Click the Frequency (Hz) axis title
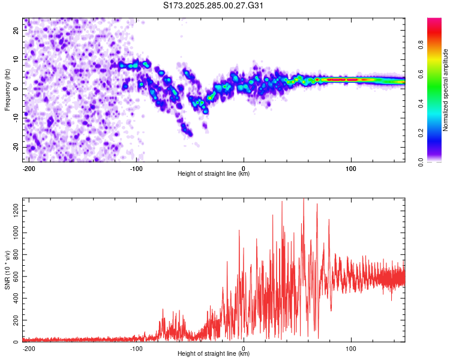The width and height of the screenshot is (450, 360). point(7,90)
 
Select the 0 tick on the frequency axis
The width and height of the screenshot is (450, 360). point(17,89)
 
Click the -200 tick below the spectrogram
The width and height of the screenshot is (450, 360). point(28,167)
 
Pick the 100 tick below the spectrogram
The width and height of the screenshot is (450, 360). point(351,167)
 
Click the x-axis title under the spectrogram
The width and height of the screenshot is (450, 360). point(214,174)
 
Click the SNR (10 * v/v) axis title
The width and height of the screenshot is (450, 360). point(7,270)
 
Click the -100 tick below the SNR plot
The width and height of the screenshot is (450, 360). point(136,347)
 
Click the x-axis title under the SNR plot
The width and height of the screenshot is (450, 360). point(214,354)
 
